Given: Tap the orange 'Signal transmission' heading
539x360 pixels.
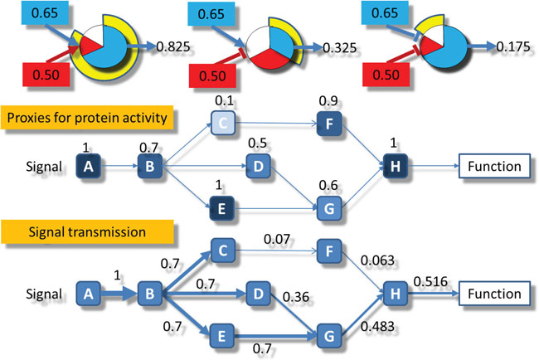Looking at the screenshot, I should [66, 231].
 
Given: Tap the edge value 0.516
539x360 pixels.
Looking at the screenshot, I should [429, 281].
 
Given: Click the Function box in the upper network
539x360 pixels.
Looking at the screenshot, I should [493, 168].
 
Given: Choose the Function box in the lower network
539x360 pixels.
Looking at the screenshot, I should [493, 293].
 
